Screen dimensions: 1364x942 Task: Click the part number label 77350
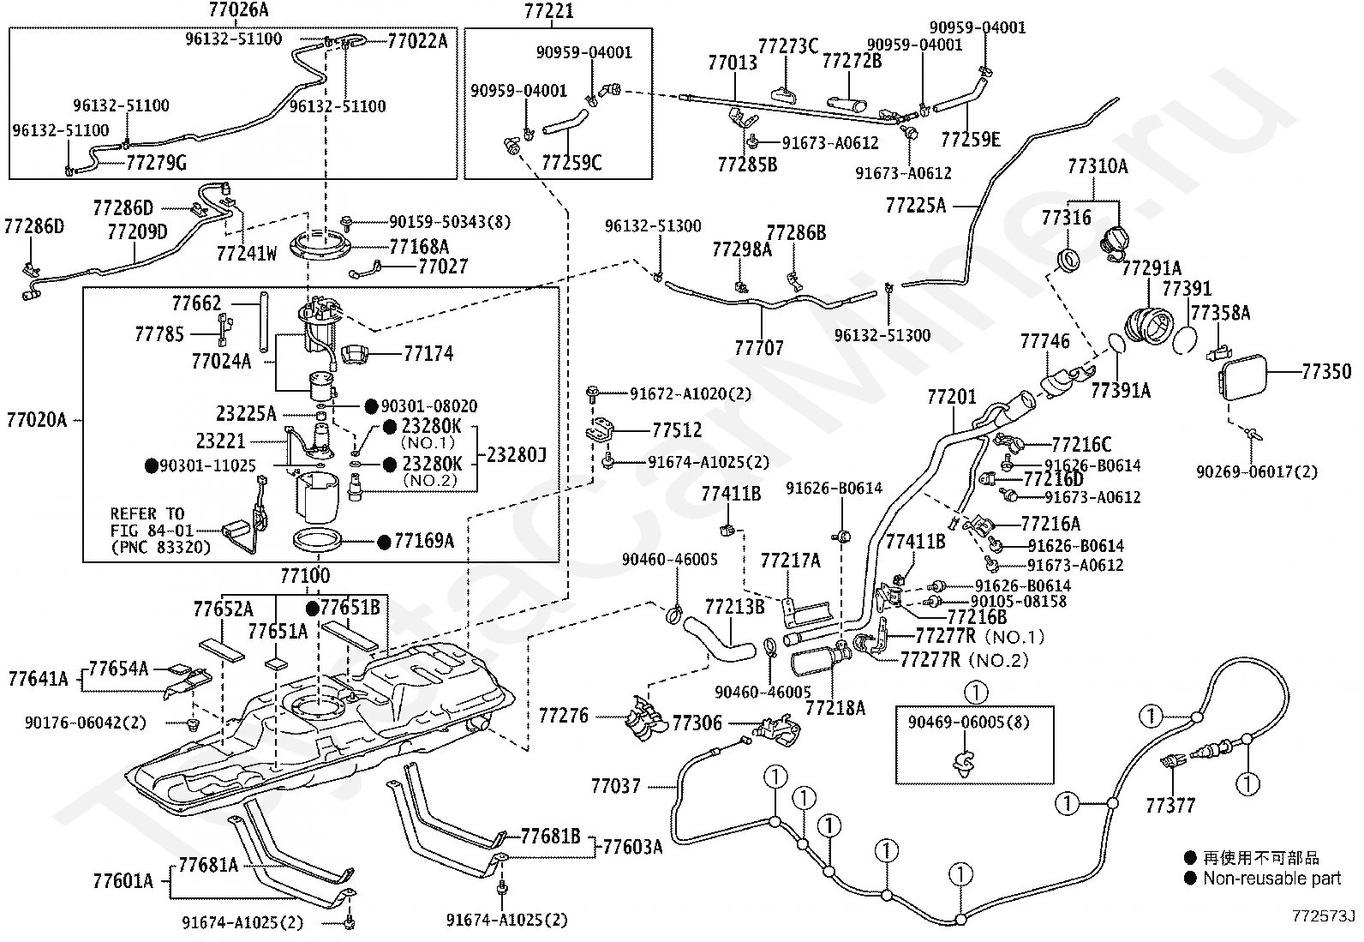(1326, 371)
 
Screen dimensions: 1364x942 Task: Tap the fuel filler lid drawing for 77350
(1242, 378)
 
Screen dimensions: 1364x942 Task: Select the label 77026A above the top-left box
(238, 9)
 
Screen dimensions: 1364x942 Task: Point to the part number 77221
(548, 11)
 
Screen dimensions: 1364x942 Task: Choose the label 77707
(759, 348)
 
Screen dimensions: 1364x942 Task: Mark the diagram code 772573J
(1323, 915)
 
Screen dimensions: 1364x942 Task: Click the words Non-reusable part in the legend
(1272, 878)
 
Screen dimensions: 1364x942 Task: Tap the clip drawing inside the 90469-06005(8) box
(963, 765)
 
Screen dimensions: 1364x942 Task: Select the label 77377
(1170, 806)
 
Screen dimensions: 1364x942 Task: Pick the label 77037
(616, 786)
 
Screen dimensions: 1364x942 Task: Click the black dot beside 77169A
(384, 543)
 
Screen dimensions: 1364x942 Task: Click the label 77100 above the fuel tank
(305, 574)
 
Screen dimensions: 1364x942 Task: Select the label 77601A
(123, 881)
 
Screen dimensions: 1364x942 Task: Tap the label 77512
(677, 430)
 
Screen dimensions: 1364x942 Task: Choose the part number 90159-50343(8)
(450, 222)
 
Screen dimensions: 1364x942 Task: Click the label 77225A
(916, 206)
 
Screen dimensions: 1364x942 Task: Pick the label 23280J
(517, 454)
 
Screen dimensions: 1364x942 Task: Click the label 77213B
(734, 607)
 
